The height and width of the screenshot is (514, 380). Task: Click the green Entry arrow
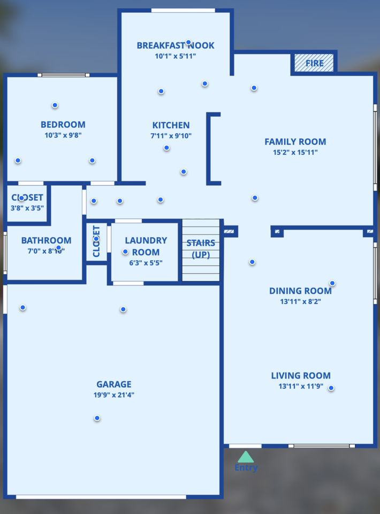pos(246,457)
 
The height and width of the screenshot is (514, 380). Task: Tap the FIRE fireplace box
pos(314,63)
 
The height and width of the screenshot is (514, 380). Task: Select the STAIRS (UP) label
pos(201,249)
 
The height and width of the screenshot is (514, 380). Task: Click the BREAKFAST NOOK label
pos(176,46)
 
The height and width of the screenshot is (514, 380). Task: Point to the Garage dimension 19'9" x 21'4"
pos(114,395)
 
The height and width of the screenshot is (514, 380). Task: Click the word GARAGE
pos(114,384)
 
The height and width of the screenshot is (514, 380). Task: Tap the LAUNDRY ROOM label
pos(146,246)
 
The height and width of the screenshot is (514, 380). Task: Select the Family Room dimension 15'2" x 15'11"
pos(295,153)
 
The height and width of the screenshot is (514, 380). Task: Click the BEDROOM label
pos(63,125)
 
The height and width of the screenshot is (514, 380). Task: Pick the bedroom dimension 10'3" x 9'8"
pos(63,136)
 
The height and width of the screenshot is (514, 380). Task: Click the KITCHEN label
pos(171,125)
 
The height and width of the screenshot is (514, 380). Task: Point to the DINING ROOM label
pos(300,291)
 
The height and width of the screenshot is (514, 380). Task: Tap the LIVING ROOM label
pos(301,375)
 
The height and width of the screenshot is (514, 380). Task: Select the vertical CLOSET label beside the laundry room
pos(97,241)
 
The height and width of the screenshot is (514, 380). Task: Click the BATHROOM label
pos(46,240)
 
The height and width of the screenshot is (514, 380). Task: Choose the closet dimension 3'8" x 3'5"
pos(27,208)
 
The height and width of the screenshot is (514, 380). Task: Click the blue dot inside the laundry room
pos(125,252)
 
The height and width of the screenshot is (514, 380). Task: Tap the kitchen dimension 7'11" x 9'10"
pos(171,136)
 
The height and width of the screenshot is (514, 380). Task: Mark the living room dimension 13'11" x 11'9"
pos(301,387)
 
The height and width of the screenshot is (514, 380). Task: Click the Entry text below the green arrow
pos(246,468)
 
